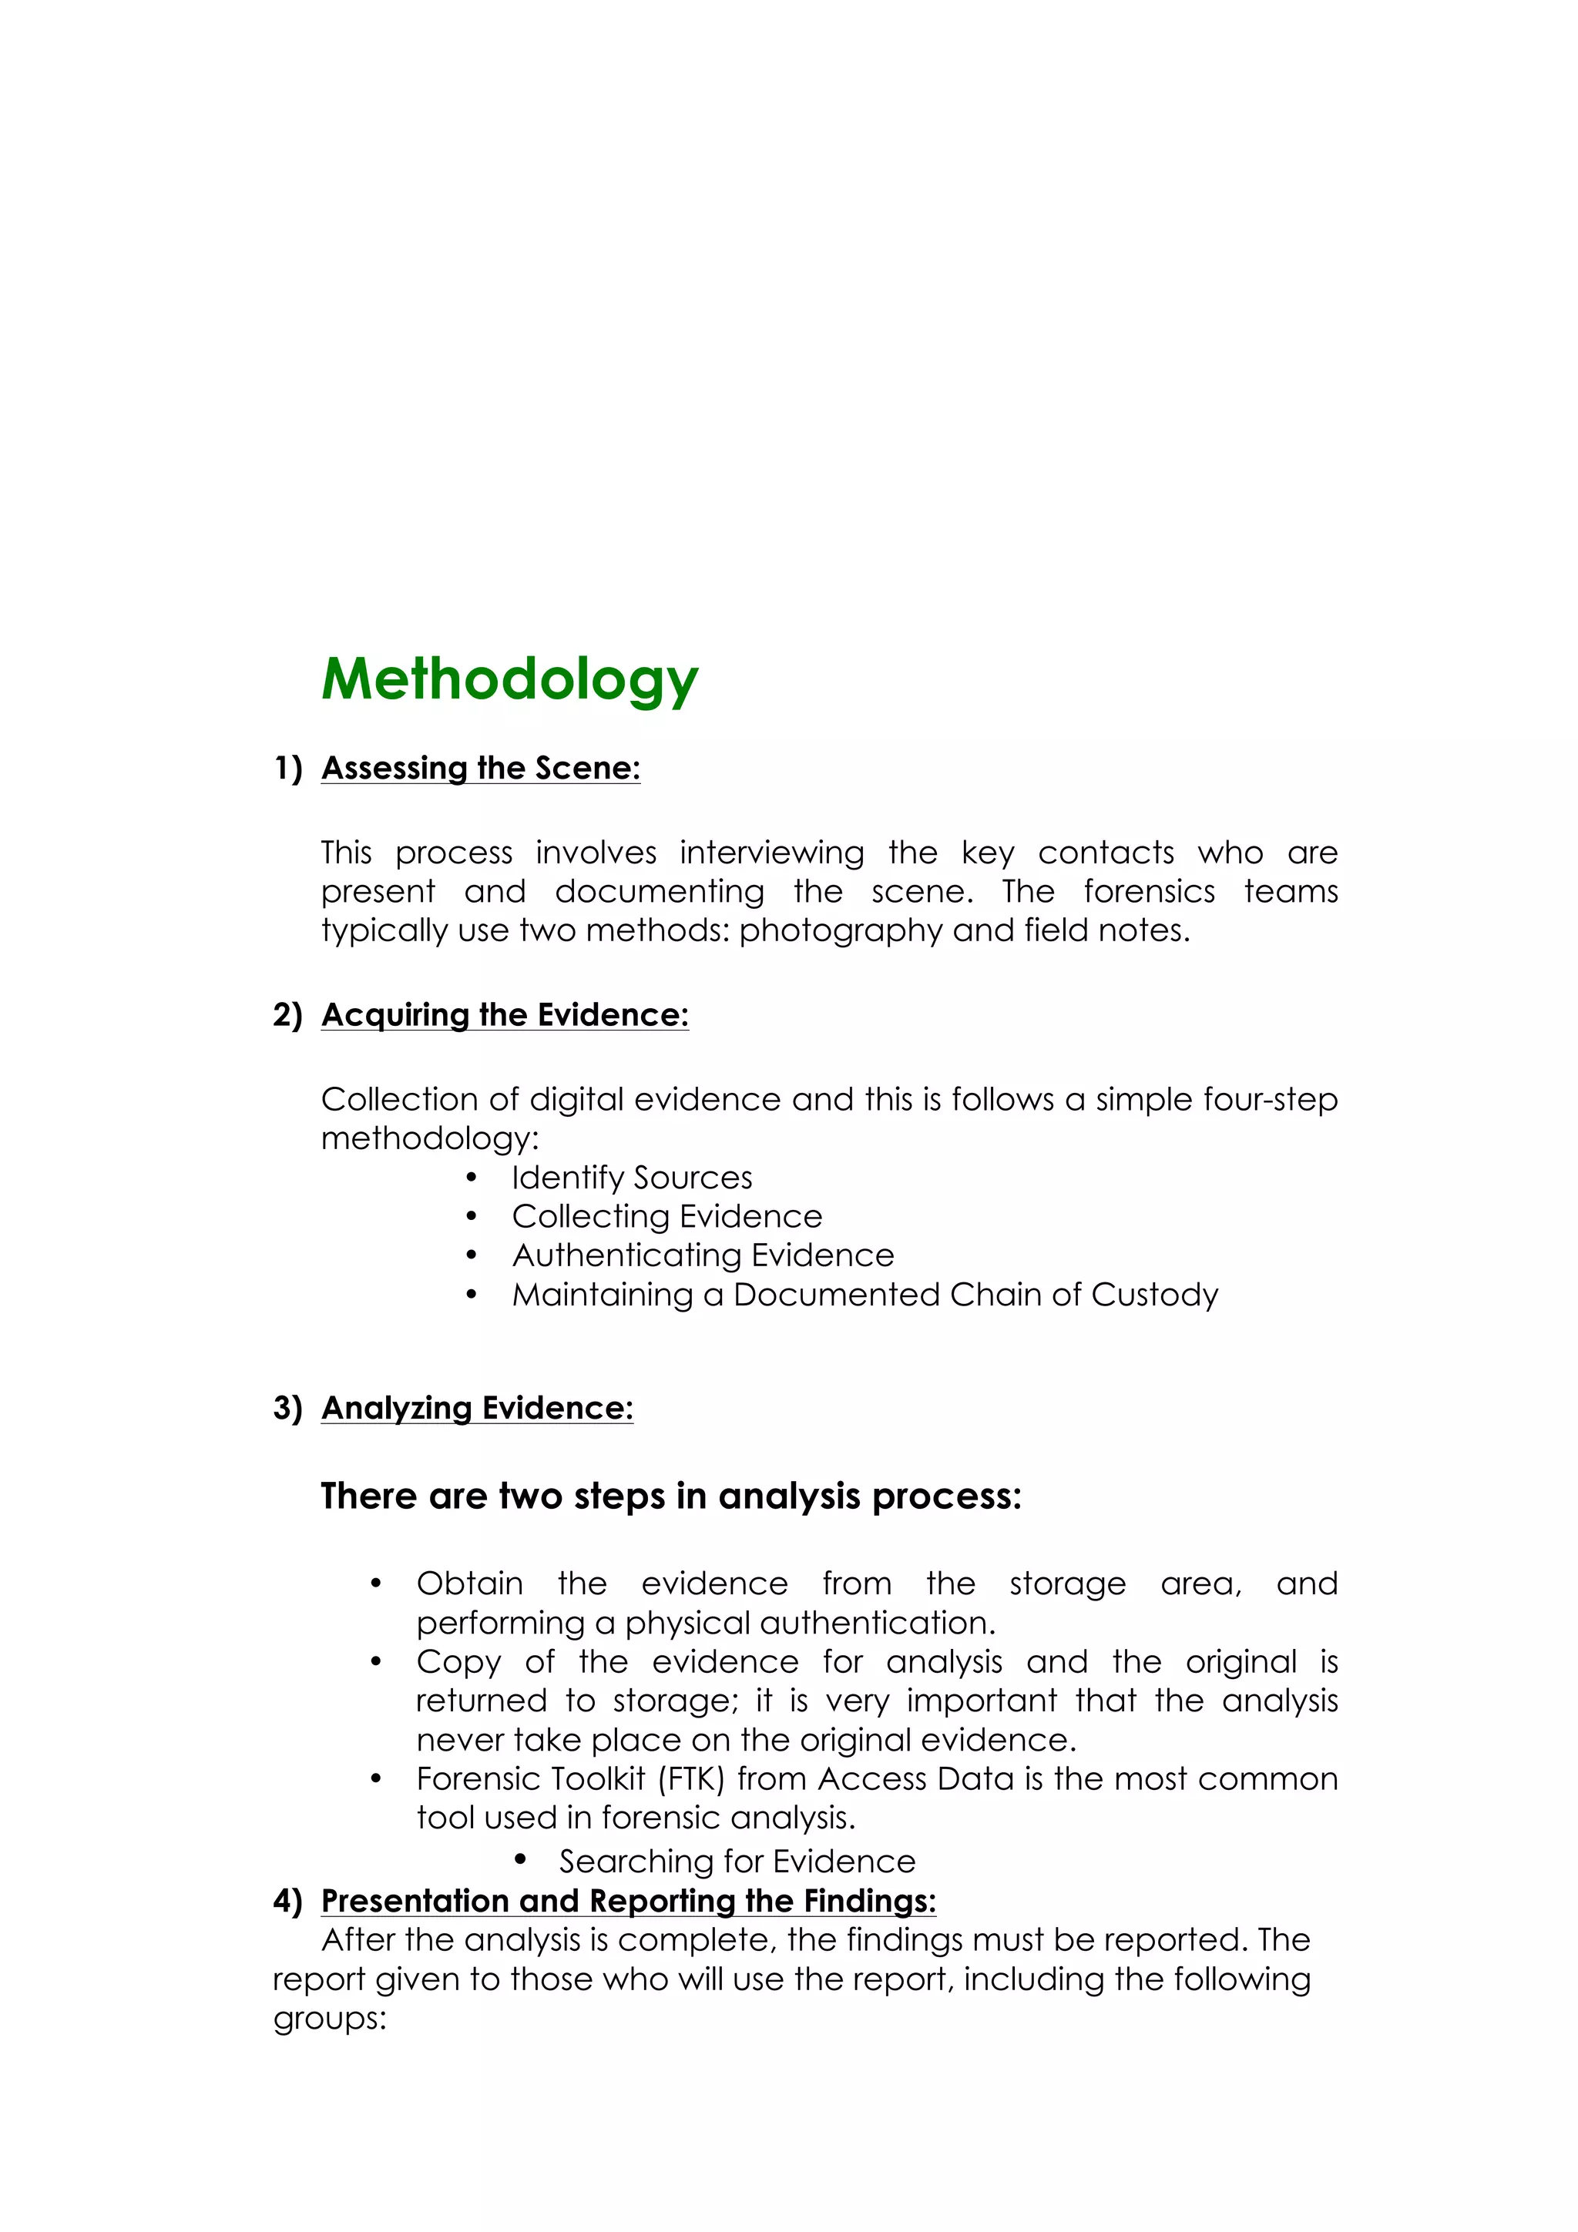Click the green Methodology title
(509, 679)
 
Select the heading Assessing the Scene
(480, 768)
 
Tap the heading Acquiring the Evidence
(505, 1015)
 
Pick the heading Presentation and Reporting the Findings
(628, 1901)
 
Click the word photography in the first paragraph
(840, 930)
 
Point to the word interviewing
(771, 853)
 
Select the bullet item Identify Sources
(632, 1178)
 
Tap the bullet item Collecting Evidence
(667, 1216)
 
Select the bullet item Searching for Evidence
(737, 1862)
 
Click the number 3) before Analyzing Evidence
(288, 1408)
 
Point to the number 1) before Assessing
(288, 768)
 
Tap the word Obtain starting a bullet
(469, 1584)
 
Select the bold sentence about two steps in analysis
(671, 1496)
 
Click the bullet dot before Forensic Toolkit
(376, 1779)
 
